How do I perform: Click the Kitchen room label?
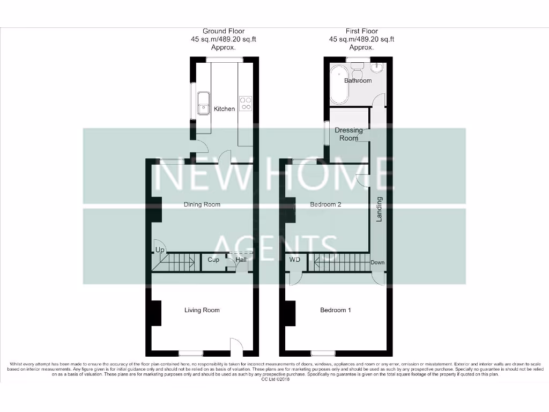click(224, 109)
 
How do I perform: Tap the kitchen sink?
click(203, 103)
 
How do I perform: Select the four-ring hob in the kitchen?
click(246, 103)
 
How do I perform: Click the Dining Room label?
click(202, 204)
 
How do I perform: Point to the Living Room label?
click(202, 310)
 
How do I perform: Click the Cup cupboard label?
click(213, 260)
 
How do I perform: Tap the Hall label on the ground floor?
click(240, 260)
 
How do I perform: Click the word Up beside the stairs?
click(160, 251)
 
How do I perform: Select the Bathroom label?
click(358, 81)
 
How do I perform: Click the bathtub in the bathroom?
click(339, 84)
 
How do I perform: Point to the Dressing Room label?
click(348, 134)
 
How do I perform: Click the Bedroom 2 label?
click(326, 204)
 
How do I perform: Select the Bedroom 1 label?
click(336, 310)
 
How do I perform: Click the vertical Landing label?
click(379, 209)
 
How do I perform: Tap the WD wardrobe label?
click(294, 260)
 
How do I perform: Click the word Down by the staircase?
click(377, 263)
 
